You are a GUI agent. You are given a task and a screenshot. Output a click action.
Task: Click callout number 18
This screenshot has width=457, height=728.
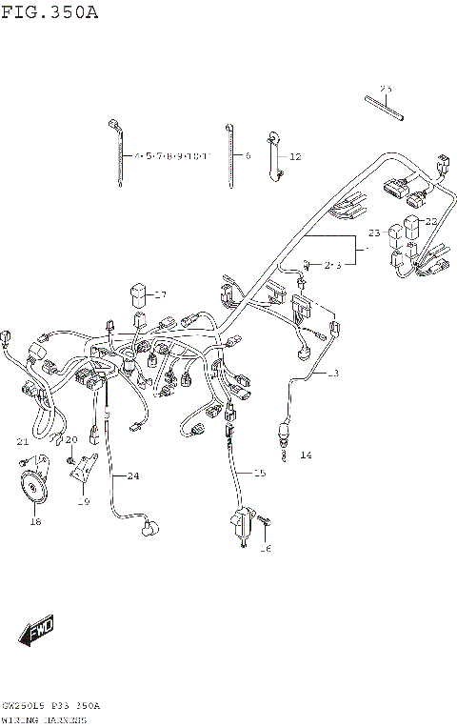coord(35,521)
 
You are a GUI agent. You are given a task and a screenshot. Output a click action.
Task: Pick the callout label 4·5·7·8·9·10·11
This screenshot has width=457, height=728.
coord(171,154)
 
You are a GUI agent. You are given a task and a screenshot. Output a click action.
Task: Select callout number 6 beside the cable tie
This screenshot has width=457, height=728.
coord(247,154)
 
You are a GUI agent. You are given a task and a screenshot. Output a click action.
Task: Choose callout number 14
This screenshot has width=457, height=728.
coord(305,455)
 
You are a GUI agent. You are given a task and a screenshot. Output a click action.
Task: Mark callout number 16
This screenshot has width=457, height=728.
coord(267,548)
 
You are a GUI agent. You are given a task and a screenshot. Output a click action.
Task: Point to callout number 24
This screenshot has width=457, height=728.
coord(132,475)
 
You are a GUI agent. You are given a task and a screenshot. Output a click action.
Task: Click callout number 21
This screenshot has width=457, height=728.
coord(22,441)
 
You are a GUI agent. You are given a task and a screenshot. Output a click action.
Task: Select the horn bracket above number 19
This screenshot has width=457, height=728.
coord(87,471)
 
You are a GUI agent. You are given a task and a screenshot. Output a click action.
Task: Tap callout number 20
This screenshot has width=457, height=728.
coord(70,439)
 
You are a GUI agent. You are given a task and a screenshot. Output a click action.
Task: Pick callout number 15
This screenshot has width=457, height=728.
coord(259,473)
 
